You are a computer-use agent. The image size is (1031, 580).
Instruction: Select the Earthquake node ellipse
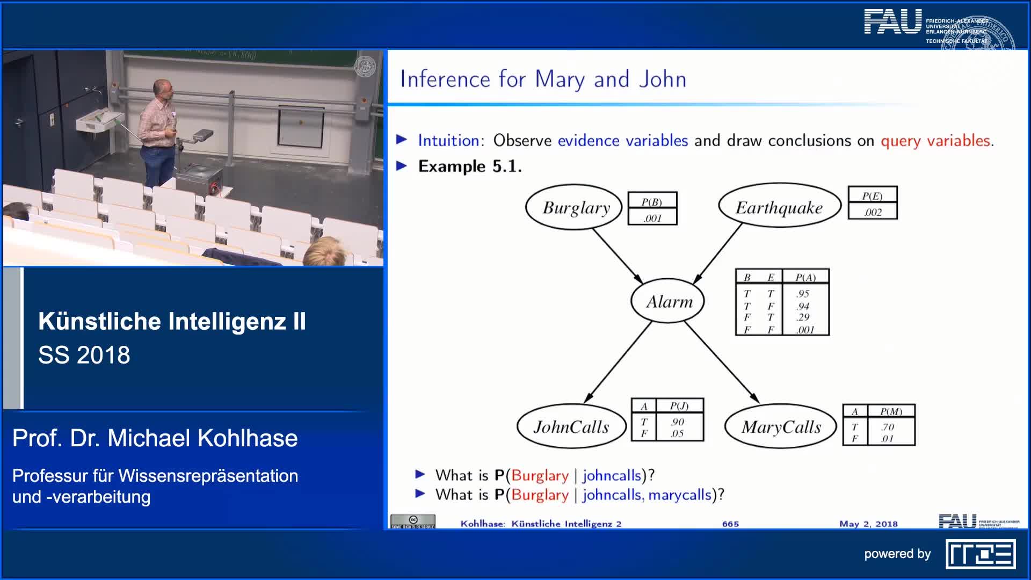click(x=779, y=207)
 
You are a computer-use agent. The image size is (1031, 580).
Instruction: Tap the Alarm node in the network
click(x=667, y=301)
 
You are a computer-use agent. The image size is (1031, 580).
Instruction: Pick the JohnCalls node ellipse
click(x=571, y=427)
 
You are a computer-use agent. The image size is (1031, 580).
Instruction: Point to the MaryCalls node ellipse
click(x=781, y=427)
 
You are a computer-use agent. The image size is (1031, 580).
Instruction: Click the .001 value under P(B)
click(x=652, y=218)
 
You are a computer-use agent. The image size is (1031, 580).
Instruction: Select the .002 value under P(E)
click(x=873, y=212)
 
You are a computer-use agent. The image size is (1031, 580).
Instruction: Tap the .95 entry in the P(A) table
click(x=803, y=294)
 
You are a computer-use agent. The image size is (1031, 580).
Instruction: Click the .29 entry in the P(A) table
click(x=803, y=317)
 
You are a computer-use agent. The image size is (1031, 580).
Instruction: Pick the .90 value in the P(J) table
click(x=678, y=422)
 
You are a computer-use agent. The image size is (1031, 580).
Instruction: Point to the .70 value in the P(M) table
click(x=887, y=427)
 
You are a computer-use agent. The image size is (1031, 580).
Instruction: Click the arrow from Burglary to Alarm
click(x=618, y=256)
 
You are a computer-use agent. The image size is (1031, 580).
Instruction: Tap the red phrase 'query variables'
click(x=935, y=141)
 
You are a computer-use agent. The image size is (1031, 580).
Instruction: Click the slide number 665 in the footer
click(x=730, y=524)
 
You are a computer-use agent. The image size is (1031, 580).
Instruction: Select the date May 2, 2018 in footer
click(x=868, y=524)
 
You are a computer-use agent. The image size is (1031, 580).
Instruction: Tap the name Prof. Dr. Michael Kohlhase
click(x=155, y=438)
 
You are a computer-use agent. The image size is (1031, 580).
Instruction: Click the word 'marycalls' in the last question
click(x=679, y=495)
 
